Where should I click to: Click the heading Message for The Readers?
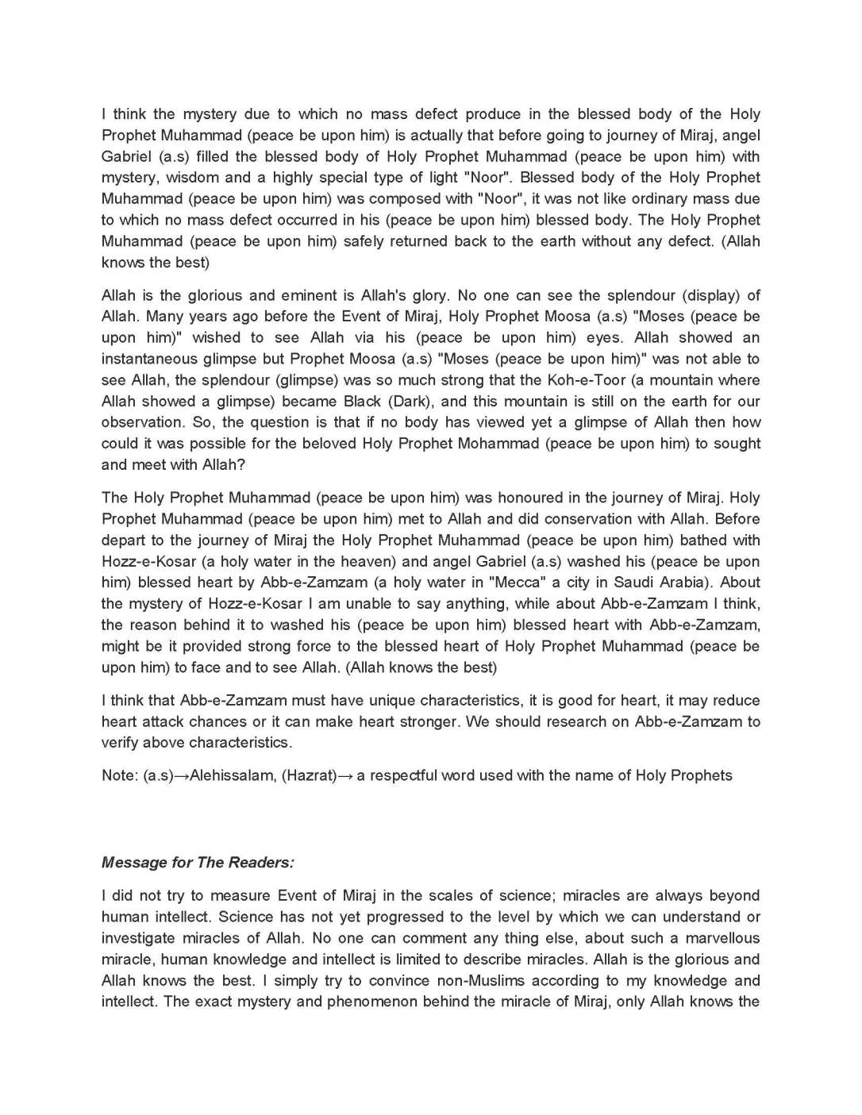[x=198, y=863]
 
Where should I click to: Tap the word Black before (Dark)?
[x=362, y=402]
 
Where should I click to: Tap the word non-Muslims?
[x=474, y=981]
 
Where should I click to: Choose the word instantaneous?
[x=150, y=359]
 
